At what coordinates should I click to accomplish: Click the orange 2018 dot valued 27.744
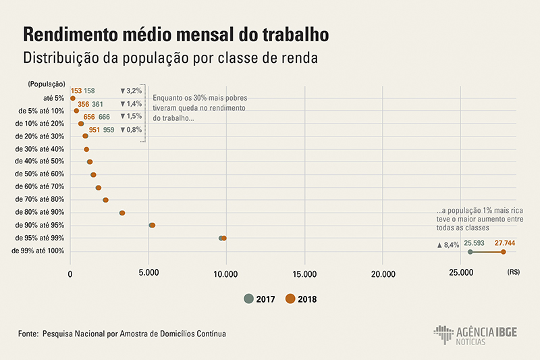[503, 252]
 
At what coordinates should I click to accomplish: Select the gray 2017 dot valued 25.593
[470, 252]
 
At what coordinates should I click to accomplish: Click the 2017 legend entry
[260, 299]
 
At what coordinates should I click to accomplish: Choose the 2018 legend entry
[301, 299]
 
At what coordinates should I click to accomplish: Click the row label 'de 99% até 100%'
[38, 251]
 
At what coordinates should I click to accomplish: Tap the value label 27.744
[505, 242]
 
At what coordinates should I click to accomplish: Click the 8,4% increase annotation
[448, 245]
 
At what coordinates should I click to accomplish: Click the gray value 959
[109, 129]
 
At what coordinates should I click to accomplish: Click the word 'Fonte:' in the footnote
[29, 334]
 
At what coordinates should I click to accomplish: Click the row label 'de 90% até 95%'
[39, 225]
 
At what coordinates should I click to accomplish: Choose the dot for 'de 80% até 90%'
[122, 213]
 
